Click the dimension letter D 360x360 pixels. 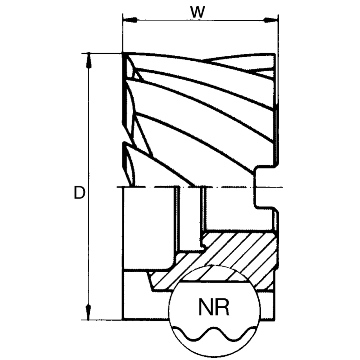(x=79, y=193)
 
